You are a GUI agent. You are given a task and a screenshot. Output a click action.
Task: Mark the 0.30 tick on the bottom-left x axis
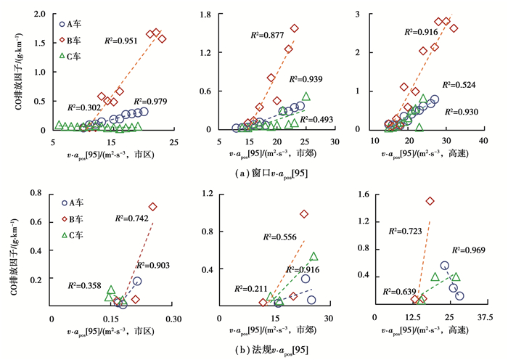coord(173,319)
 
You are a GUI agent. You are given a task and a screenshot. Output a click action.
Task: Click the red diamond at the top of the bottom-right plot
coord(430,201)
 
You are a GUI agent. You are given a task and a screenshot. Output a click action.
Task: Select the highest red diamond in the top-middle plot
coord(295,28)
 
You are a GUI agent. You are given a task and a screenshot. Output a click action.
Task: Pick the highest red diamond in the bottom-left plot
coord(153,207)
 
